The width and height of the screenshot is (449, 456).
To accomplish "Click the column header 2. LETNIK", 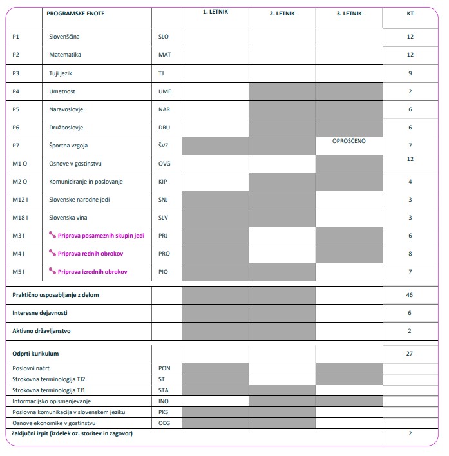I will [x=282, y=13].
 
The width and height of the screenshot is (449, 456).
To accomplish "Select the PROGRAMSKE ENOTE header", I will [x=75, y=13].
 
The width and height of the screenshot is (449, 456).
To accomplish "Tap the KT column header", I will [x=410, y=13].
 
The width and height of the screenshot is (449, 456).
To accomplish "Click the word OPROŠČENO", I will [x=349, y=140].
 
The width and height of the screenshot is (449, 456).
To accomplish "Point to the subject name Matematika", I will [x=65, y=55].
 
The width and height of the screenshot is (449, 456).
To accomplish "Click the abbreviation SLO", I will [x=164, y=37].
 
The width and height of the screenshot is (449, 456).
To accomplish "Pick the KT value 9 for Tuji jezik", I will [x=410, y=73].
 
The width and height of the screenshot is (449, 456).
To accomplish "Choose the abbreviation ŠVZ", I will [x=164, y=146].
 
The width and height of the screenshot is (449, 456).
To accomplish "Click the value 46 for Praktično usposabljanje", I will [x=410, y=294].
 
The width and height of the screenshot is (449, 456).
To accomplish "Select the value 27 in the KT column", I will [x=410, y=353].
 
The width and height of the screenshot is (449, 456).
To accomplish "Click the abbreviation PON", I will [x=164, y=368].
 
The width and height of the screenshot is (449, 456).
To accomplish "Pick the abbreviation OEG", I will [x=164, y=423].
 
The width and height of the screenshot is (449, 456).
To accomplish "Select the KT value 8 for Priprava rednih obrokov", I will [x=410, y=254].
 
